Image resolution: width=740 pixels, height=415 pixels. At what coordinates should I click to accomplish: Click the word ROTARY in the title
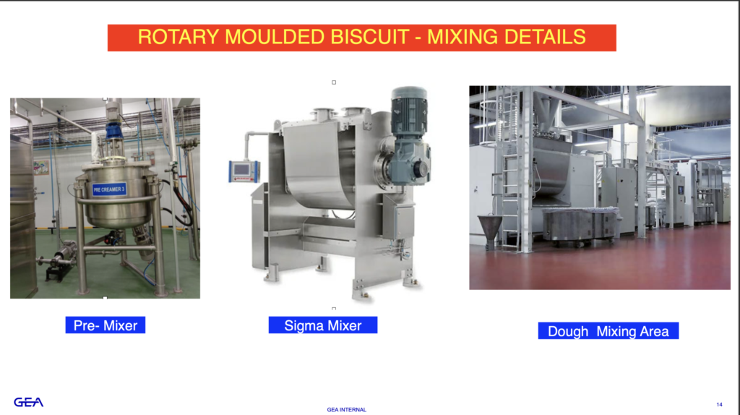(178, 37)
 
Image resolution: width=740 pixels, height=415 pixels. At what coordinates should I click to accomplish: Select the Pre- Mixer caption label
(106, 325)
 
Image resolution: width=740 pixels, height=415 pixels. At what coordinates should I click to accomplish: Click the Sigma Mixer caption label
(323, 325)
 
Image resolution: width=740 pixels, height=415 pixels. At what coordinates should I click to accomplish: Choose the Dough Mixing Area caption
(608, 331)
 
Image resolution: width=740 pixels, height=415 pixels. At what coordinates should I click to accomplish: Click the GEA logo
(28, 402)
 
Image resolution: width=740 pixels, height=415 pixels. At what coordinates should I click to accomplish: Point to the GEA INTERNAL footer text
(346, 410)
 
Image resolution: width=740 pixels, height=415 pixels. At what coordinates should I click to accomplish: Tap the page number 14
(719, 405)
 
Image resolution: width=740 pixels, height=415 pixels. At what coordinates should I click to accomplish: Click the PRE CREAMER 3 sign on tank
(109, 190)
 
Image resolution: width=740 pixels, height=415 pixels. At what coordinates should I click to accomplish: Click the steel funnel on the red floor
(490, 231)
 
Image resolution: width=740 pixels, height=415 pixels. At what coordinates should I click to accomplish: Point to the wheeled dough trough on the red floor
(582, 226)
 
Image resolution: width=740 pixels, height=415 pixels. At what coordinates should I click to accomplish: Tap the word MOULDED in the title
(275, 37)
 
